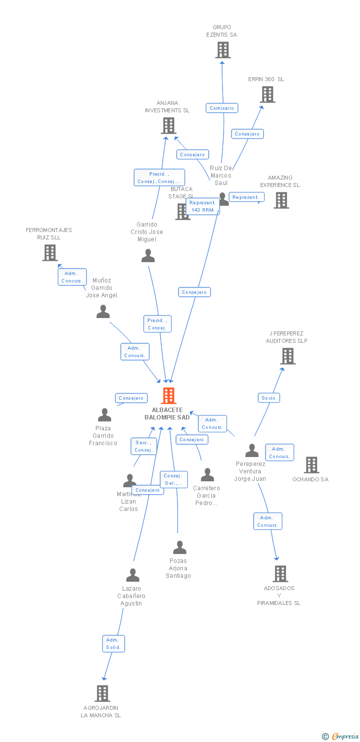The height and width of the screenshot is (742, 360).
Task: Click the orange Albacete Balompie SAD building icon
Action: [x=169, y=396]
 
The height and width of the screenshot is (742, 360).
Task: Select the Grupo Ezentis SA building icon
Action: [x=223, y=50]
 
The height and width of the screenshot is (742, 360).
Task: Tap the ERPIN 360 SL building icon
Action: [x=268, y=94]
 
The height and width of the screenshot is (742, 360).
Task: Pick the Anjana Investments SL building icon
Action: [x=169, y=126]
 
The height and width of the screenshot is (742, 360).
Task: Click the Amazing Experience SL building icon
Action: [x=281, y=200]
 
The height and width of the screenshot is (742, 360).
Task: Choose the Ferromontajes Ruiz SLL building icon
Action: [x=49, y=253]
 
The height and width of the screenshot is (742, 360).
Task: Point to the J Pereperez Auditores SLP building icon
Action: [x=287, y=356]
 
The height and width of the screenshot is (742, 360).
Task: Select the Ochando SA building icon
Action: [x=311, y=465]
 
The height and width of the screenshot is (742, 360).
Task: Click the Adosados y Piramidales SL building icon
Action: [x=280, y=574]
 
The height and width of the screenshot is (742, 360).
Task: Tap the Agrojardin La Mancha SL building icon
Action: [x=102, y=694]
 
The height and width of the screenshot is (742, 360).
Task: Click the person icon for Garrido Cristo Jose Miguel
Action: [x=148, y=256]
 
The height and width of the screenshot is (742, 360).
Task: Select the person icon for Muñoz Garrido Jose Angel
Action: [x=103, y=312]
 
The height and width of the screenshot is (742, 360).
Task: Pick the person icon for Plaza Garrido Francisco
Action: [x=104, y=415]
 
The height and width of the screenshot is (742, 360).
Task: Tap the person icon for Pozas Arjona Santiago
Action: [x=180, y=548]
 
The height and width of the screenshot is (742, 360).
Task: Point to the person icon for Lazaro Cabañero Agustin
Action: [x=133, y=575]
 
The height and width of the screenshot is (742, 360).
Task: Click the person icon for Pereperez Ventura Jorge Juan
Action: [x=252, y=451]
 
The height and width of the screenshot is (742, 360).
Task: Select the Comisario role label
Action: [x=222, y=108]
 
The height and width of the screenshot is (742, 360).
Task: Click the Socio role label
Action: [x=269, y=398]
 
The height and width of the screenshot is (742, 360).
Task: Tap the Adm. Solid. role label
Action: [x=113, y=644]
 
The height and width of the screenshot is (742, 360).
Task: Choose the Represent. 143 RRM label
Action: [x=202, y=206]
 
